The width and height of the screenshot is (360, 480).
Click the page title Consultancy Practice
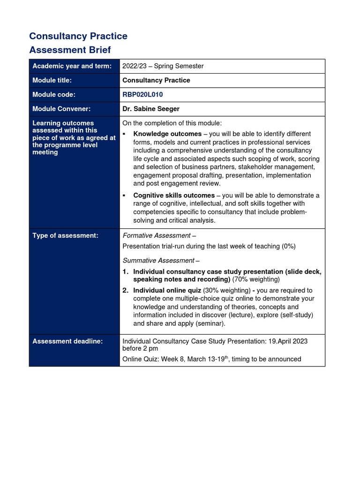coord(78,36)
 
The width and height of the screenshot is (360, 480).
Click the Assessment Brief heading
coord(70,50)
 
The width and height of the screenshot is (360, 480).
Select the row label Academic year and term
coord(72,66)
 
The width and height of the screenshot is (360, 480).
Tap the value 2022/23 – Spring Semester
coord(163,66)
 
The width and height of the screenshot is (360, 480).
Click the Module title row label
coord(52,80)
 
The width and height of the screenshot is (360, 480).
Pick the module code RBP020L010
coord(142,94)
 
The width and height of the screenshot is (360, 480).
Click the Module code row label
coord(53,94)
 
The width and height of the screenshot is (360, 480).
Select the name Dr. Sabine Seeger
coord(151,109)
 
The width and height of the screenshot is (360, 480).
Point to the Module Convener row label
coord(61,109)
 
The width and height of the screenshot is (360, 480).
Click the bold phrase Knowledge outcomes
coord(167,134)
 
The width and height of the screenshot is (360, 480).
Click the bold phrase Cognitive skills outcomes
coord(174,195)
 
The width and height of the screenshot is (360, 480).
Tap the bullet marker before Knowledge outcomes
coord(125,134)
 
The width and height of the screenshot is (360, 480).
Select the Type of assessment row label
coord(65,235)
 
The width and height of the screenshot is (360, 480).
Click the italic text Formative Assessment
coord(157,235)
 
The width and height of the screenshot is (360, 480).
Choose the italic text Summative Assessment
coord(158,260)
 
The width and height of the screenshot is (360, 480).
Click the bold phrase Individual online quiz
coord(167,290)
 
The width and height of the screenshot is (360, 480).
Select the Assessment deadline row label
coord(67,341)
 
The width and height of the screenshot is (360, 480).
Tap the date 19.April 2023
coord(285,341)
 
